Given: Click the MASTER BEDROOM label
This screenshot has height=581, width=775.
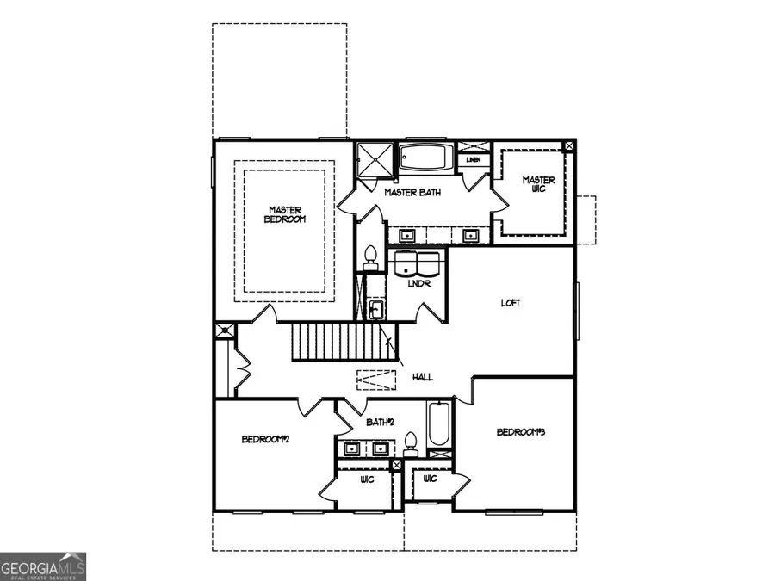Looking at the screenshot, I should coord(284,214).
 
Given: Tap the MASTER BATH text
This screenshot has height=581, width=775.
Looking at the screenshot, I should coord(412,193).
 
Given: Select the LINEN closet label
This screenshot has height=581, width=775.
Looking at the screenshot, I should coord(473,160).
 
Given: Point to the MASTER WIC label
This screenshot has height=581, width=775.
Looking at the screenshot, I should coord(539,185).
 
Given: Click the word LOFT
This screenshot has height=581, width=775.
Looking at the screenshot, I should coord(512,303).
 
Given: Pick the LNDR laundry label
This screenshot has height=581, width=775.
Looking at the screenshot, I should coord(419,284).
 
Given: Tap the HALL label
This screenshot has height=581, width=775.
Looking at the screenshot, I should coord(422,377).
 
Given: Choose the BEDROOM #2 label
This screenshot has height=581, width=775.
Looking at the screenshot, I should coord(265,439).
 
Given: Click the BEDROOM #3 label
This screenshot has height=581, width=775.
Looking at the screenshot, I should coord(522,431).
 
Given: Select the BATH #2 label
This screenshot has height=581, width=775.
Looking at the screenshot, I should coord(380,422).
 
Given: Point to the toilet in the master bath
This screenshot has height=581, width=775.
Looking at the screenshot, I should coord(371,255).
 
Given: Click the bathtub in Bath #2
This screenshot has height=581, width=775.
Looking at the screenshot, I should coord(439,425).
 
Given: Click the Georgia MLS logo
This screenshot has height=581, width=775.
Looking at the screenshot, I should coord(43,566).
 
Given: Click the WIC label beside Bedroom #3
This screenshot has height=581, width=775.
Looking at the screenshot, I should coord(430,479).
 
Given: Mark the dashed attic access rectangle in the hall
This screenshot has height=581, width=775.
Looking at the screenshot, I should coord(375,379).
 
